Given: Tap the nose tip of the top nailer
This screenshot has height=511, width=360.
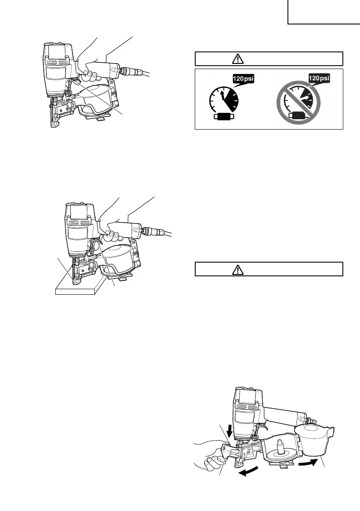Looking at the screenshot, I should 54,124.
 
